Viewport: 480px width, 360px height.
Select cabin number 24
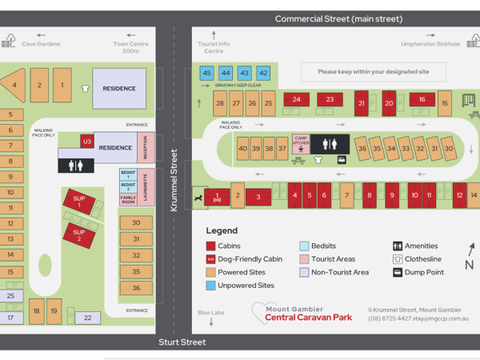[296, 100]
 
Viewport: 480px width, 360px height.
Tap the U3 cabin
[86, 142]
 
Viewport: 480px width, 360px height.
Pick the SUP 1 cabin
[79, 201]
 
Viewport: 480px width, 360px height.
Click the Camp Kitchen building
[301, 144]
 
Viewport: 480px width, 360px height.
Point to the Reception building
[145, 148]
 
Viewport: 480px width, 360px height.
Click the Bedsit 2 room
[128, 186]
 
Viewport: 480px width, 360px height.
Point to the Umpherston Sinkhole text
[430, 44]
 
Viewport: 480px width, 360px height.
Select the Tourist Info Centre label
[214, 47]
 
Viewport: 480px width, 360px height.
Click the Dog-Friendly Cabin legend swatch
[211, 259]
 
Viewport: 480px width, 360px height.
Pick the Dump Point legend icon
[398, 272]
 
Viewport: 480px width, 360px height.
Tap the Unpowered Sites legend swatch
[211, 286]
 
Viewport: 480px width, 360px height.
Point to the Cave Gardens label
[41, 44]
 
